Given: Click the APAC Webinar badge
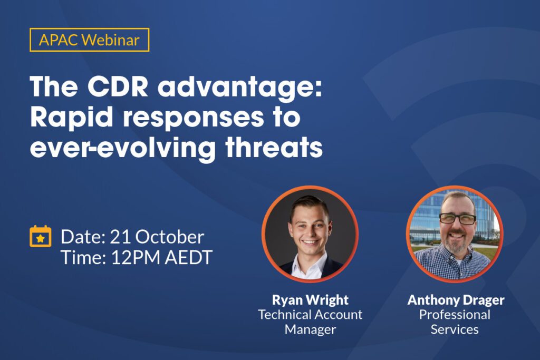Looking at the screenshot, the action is tap(90, 40).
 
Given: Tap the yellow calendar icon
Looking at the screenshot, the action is tap(40, 237).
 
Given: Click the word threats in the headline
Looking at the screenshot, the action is tap(274, 147).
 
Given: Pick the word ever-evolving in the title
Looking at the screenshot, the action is tap(123, 149).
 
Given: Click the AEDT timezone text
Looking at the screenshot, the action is tap(189, 257).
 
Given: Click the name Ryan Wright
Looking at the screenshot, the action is tap(310, 300).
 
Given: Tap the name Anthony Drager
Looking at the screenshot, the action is tap(456, 300).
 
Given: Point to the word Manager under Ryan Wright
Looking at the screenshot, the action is tap(310, 330).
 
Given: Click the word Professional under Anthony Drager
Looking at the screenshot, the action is tap(455, 315).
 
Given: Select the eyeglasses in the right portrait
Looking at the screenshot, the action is tap(458, 218).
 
